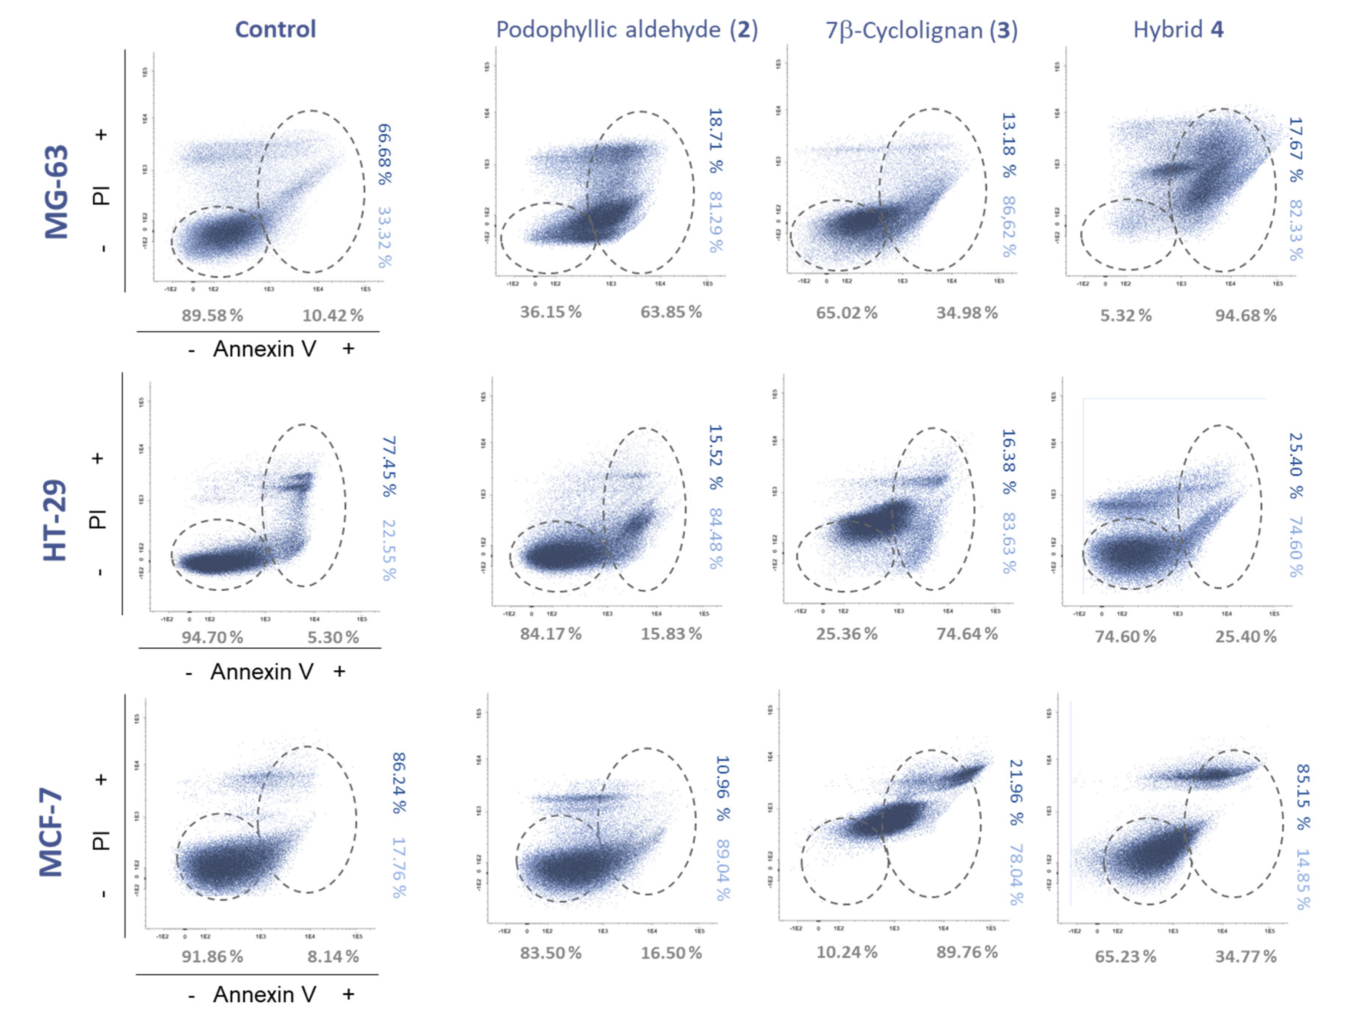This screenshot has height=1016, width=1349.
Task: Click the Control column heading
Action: click(x=276, y=29)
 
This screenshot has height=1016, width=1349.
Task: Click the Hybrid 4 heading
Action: click(x=1178, y=29)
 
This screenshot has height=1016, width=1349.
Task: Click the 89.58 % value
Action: click(x=212, y=315)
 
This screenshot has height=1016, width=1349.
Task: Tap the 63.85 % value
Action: click(x=671, y=312)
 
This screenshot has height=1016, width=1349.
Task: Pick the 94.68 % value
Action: click(x=1245, y=315)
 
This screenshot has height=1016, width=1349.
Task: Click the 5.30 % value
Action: click(x=333, y=637)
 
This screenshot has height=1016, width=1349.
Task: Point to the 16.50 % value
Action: click(x=671, y=953)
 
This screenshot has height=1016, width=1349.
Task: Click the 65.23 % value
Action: click(x=1125, y=956)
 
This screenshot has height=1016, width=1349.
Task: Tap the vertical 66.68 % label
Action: click(x=385, y=154)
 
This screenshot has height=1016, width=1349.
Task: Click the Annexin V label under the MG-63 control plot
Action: click(x=264, y=349)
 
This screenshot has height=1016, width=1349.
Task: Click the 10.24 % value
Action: click(x=846, y=952)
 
